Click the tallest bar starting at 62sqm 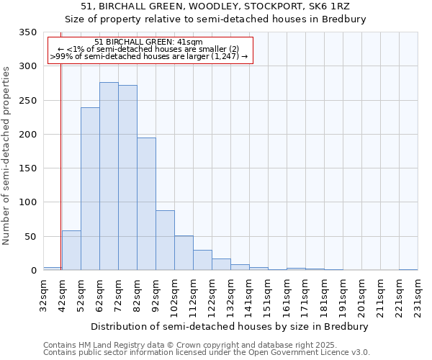[109, 176]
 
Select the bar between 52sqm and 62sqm [90, 189]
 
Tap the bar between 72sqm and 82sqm [127, 178]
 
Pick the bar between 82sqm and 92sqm [146, 204]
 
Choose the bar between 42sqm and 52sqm [71, 251]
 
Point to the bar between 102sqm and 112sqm [184, 253]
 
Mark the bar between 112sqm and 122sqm [202, 261]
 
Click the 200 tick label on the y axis [27, 135]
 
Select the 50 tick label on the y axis [30, 237]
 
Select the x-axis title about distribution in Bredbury [230, 326]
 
